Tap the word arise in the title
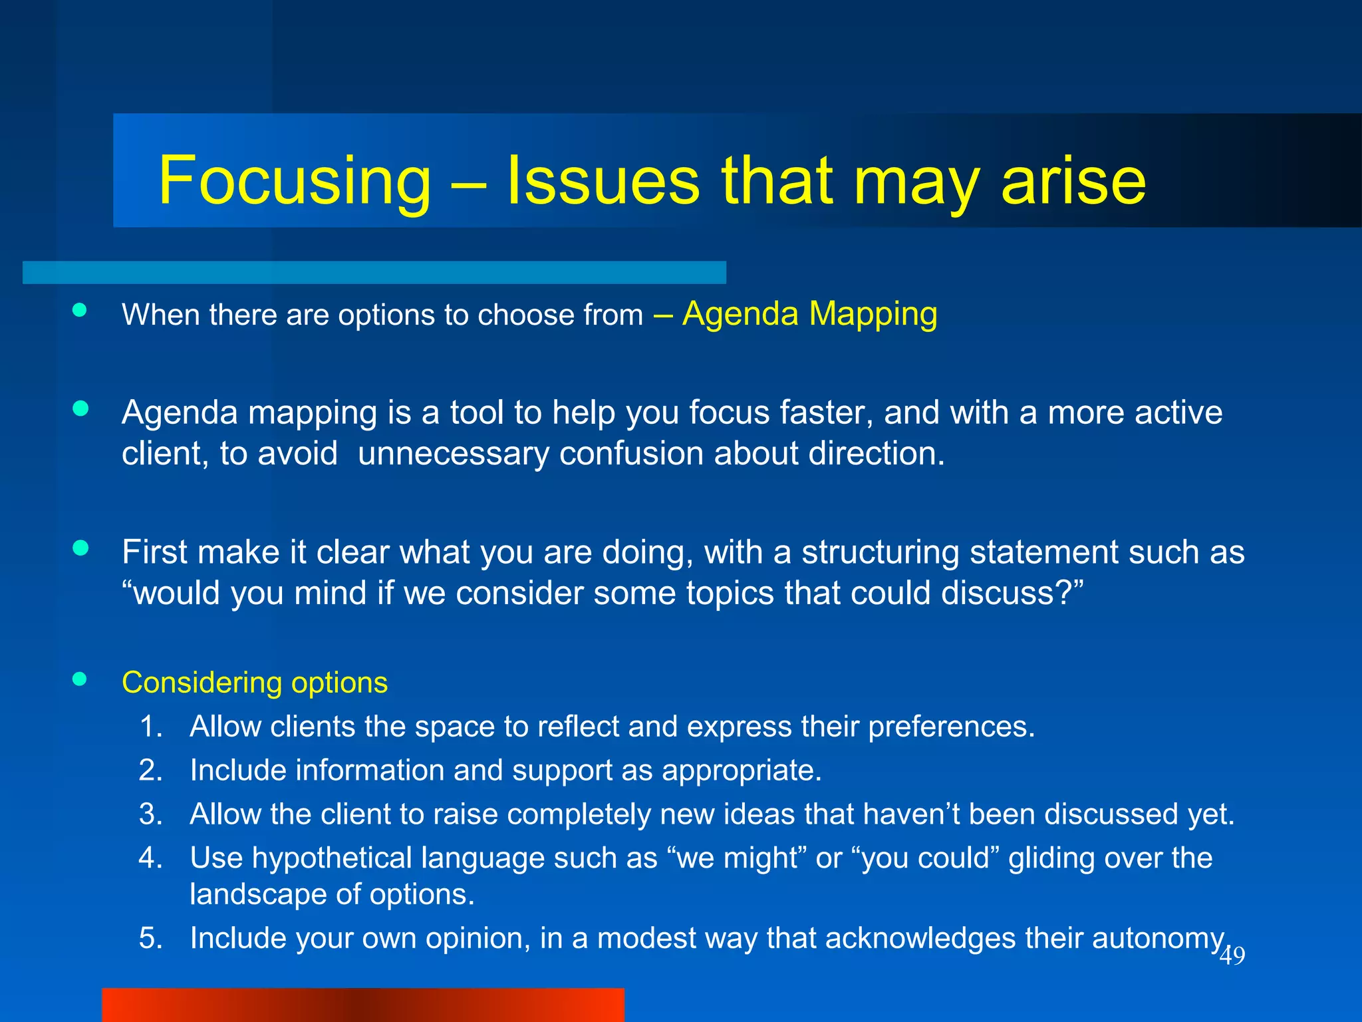tap(1073, 181)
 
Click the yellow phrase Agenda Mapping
tap(809, 313)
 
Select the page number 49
tap(1232, 956)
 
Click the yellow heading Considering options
tap(255, 683)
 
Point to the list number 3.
tap(150, 814)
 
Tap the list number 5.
tap(150, 938)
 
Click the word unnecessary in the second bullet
tap(454, 454)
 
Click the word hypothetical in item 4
tap(332, 858)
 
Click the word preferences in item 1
tap(951, 727)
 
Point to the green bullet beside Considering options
tap(80, 679)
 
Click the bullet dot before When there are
tap(80, 310)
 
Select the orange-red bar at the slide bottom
tap(362, 1005)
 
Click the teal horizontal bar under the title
tap(374, 272)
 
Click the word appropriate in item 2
tap(741, 770)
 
